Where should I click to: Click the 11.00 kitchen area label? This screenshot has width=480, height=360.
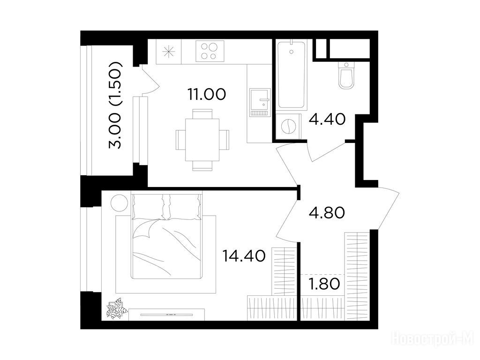click(x=207, y=94)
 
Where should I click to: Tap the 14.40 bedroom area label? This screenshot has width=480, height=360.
click(x=244, y=256)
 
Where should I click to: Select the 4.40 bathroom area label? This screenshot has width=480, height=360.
click(x=327, y=119)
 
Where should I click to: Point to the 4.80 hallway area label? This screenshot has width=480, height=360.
click(x=327, y=213)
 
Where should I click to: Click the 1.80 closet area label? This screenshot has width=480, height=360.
click(x=324, y=284)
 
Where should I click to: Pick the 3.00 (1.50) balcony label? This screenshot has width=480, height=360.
click(x=116, y=105)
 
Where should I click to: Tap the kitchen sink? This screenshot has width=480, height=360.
click(x=260, y=103)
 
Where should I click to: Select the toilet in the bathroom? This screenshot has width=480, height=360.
click(x=346, y=75)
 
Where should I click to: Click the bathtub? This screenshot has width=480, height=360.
click(x=292, y=75)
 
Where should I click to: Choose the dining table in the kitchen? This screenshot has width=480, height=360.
click(x=202, y=140)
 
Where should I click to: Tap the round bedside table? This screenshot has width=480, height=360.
click(x=119, y=203)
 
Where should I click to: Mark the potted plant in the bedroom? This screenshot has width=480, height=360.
click(x=117, y=308)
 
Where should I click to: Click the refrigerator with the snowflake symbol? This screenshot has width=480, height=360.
click(x=169, y=52)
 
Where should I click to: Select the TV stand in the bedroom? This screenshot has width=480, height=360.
click(x=166, y=315)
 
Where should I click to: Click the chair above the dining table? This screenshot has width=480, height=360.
click(x=202, y=114)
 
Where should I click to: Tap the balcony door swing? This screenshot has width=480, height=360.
click(x=150, y=79)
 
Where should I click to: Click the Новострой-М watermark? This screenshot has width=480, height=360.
click(x=433, y=340)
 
